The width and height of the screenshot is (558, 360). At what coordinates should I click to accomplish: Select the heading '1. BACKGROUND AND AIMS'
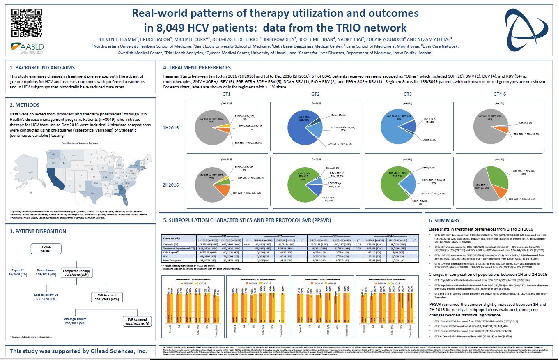point(42,67)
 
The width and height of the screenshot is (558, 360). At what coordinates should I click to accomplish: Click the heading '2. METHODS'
point(25,105)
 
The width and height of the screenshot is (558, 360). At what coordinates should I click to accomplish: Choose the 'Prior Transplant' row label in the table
point(176,261)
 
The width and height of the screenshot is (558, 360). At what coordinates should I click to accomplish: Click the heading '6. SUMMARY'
point(445,221)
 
